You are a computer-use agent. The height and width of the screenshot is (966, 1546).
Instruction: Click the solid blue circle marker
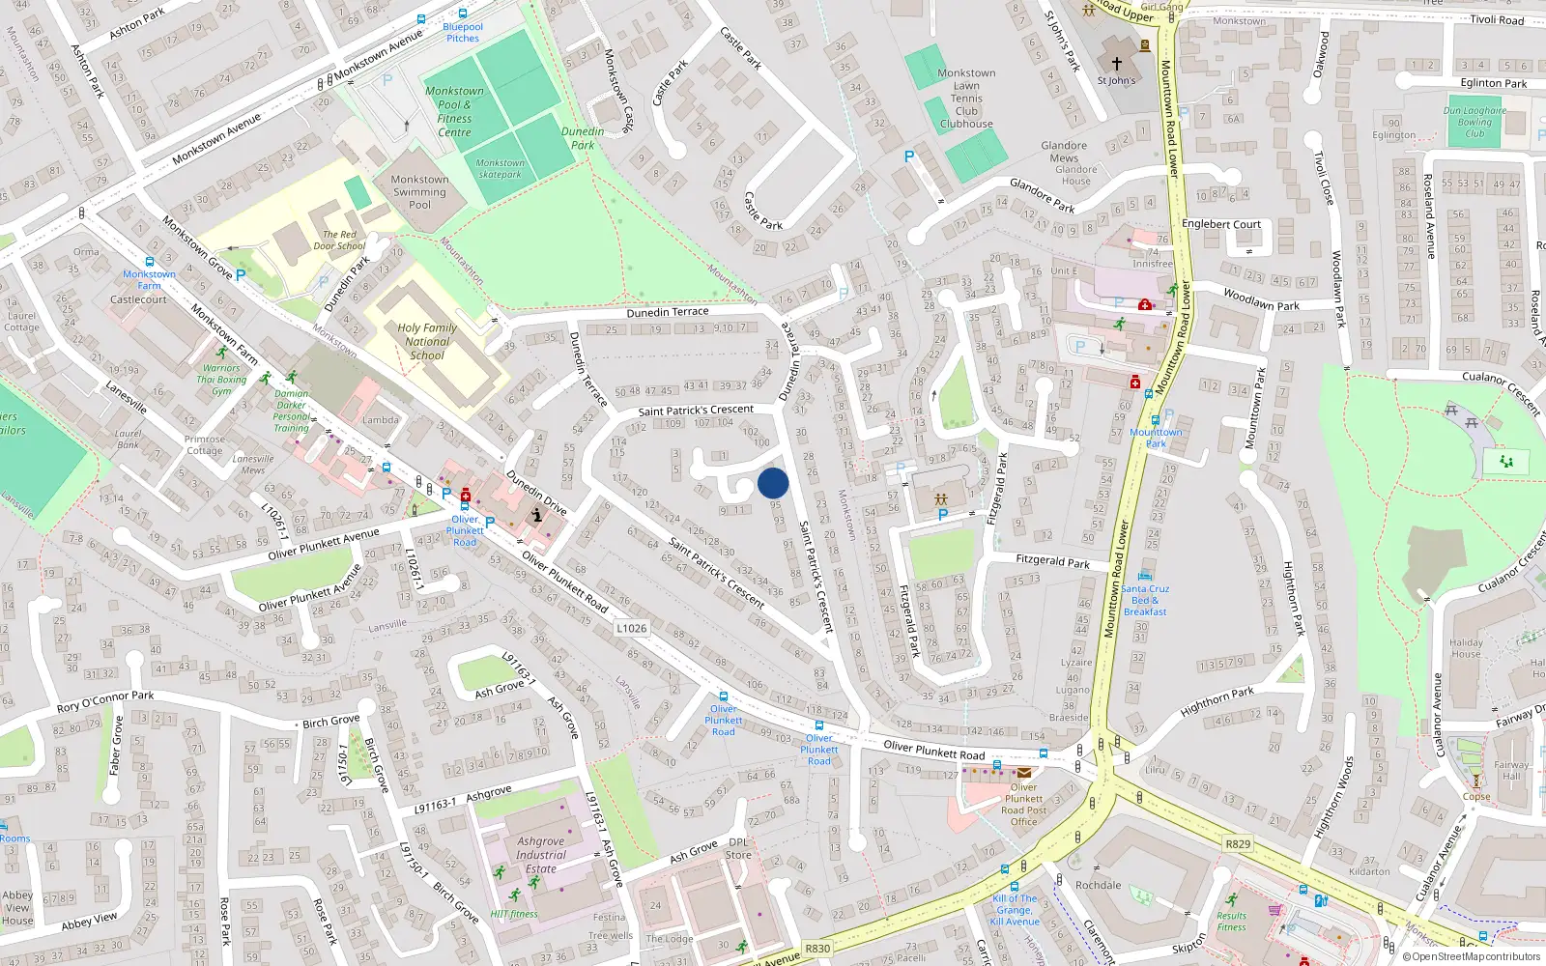pos(773,483)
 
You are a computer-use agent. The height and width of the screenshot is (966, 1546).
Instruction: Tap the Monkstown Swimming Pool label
pos(419,191)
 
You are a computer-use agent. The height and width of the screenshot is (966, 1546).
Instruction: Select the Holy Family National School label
pos(427,341)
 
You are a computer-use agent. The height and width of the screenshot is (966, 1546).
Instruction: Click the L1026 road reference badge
pos(631,628)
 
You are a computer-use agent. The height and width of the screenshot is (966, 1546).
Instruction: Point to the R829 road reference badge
pos(1238,843)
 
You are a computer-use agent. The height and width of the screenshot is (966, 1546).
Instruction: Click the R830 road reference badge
pos(817,949)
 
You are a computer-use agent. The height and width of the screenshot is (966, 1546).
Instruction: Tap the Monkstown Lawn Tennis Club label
pos(966,99)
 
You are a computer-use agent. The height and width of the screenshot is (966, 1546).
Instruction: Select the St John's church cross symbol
pos(1116,64)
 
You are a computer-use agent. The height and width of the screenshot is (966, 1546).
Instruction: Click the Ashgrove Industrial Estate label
pos(541,855)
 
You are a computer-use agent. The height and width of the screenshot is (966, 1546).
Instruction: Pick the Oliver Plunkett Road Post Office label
pos(1023,804)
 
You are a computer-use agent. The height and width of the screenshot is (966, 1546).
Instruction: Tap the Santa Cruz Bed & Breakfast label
pos(1145,600)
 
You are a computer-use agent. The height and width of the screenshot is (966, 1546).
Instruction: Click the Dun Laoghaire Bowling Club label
pos(1474,122)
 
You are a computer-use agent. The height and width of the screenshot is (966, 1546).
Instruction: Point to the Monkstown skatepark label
pos(500,168)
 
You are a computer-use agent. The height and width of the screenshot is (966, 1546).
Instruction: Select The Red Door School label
pos(339,240)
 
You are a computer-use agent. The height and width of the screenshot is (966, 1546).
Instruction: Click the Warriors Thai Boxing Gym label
pos(222,379)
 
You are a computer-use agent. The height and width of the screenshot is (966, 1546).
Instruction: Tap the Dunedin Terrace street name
pos(668,312)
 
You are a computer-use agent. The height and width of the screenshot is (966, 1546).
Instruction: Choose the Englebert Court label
pos(1221,224)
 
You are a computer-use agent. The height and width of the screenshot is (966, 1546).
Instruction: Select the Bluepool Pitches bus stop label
pos(462,32)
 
